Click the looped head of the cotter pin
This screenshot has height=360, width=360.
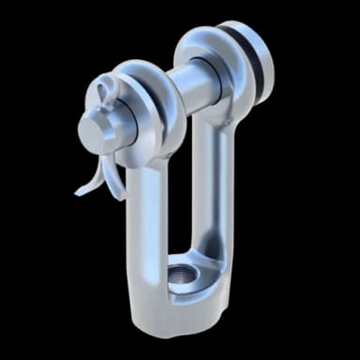click(x=103, y=91)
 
